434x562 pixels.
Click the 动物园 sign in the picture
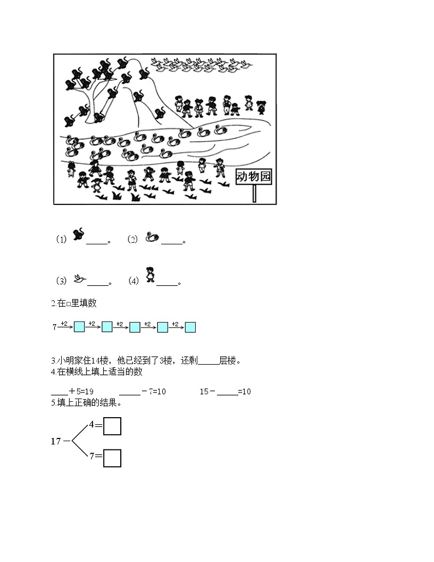[x=253, y=176]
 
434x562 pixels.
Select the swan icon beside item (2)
[x=152, y=237]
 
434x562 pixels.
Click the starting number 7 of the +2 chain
[x=55, y=327]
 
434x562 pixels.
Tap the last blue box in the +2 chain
[x=190, y=327]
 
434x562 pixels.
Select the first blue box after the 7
[x=79, y=327]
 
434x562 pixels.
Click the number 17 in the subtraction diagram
[x=56, y=441]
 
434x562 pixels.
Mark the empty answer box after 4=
[x=112, y=426]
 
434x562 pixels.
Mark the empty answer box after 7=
[x=112, y=458]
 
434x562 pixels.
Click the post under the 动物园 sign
[x=254, y=194]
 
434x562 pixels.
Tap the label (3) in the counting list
[x=61, y=281]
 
